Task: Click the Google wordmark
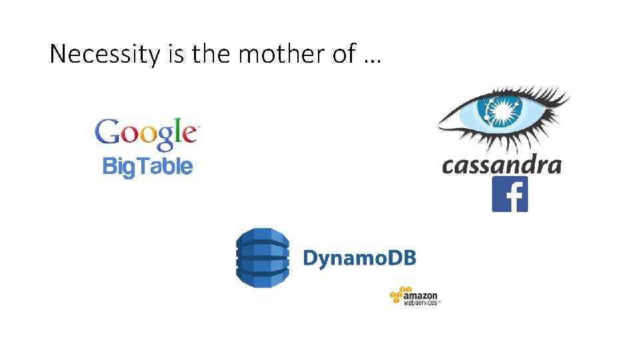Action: point(147,133)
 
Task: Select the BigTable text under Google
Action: point(147,166)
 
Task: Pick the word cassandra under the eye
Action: point(501,164)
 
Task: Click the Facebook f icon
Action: point(510,194)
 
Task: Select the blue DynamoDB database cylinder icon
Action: point(263,257)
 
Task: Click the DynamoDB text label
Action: point(359,258)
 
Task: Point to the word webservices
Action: point(421,302)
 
